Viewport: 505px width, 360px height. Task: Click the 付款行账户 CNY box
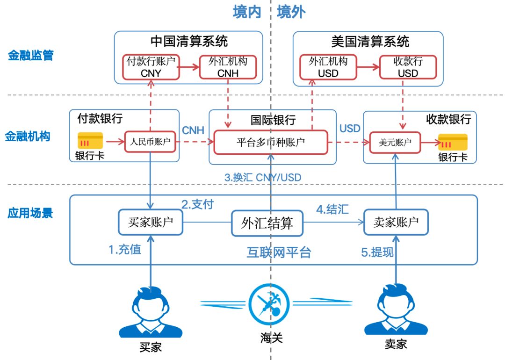(x=151, y=67)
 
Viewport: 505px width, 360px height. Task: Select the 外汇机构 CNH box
(x=228, y=67)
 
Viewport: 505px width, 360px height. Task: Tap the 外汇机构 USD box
(x=328, y=67)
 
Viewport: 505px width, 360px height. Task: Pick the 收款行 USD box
(x=408, y=67)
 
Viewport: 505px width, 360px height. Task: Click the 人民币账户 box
(x=150, y=142)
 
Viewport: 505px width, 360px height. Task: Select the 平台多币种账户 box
(x=270, y=142)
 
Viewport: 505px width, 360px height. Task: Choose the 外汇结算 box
(x=267, y=223)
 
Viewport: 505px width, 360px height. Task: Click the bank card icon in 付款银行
(x=90, y=141)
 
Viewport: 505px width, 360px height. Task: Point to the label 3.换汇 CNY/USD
(x=263, y=178)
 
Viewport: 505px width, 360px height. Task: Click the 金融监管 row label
(x=31, y=56)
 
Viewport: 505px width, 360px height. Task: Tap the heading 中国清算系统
(x=189, y=41)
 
